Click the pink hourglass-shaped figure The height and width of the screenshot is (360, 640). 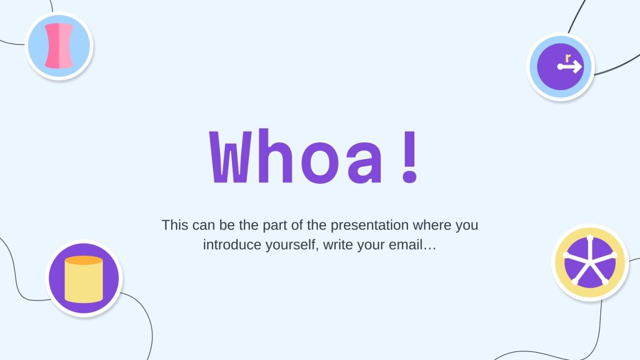(59, 46)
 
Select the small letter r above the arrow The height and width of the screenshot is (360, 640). (568, 58)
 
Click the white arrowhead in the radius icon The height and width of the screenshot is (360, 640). (578, 67)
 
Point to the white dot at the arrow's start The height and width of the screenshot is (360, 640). (560, 67)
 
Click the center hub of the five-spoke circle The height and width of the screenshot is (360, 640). (590, 262)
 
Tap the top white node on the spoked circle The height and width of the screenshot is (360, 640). (590, 238)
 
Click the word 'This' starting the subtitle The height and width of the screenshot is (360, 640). (174, 225)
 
